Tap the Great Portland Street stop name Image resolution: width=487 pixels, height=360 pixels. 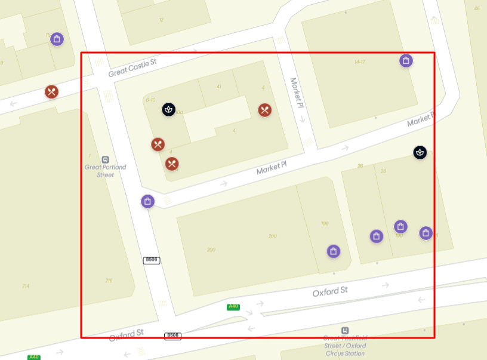[x=106, y=171]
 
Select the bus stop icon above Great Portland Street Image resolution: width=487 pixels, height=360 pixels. [x=106, y=159]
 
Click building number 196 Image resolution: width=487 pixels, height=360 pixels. [x=325, y=224]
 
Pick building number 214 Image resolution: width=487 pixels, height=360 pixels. [x=25, y=286]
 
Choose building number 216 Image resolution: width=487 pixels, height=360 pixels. [x=109, y=281]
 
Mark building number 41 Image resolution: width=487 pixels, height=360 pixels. [x=219, y=87]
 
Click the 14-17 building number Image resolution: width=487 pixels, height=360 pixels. [x=359, y=61]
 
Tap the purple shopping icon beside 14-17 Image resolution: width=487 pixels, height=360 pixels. [x=406, y=60]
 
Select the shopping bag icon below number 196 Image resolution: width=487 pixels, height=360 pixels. [x=334, y=251]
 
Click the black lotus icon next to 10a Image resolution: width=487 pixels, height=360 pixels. [x=169, y=109]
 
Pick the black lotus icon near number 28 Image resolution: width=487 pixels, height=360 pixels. [x=420, y=152]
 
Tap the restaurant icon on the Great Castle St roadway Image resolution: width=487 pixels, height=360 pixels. [x=52, y=92]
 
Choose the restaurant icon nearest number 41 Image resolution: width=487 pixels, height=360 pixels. [x=265, y=110]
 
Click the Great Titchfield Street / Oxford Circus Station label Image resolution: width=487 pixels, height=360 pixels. [x=344, y=346]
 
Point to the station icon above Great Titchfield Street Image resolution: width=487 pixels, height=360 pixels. [x=345, y=330]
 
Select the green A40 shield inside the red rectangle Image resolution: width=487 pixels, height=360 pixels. [x=233, y=307]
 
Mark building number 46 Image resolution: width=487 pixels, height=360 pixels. [x=476, y=8]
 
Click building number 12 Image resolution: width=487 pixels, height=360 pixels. [x=161, y=20]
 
